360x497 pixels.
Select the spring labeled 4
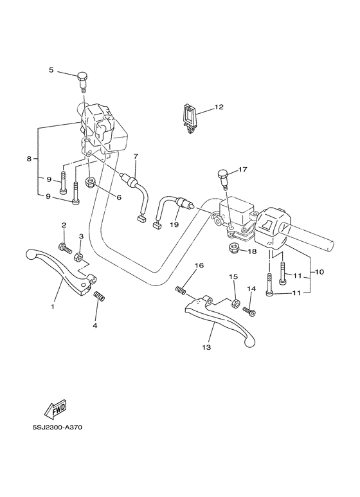[x=100, y=297]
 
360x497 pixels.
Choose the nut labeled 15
[x=236, y=301]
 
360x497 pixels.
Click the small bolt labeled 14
[x=250, y=311]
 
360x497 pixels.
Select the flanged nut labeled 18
[x=233, y=248]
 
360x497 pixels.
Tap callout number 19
[x=174, y=225]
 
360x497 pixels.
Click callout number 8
[x=28, y=158]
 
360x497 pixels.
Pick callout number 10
[x=319, y=273]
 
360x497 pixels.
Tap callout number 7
[x=136, y=156]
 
